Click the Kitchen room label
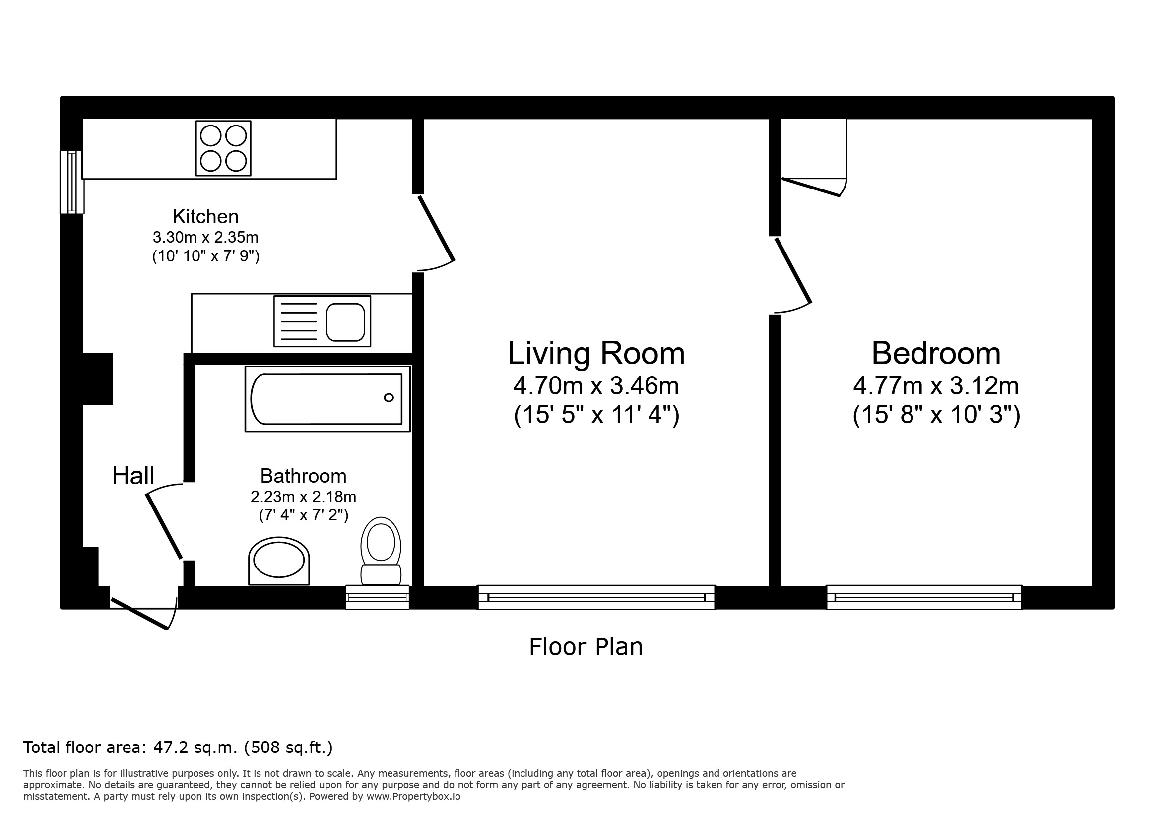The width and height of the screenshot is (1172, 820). (x=205, y=217)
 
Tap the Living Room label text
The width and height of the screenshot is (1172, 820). (x=596, y=353)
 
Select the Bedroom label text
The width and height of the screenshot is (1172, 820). (x=936, y=353)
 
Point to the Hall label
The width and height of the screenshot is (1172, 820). (x=133, y=476)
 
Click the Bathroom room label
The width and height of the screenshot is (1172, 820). (x=303, y=476)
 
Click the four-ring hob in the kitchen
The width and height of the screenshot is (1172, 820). (x=224, y=148)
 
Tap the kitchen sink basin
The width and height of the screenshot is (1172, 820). (x=345, y=322)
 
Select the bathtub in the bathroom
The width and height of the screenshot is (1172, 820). (x=327, y=398)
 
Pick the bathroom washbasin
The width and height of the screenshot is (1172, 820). (x=279, y=561)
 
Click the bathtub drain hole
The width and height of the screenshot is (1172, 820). (x=389, y=397)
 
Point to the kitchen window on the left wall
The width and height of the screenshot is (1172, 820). (x=72, y=182)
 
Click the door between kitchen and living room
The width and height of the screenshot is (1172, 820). (x=436, y=233)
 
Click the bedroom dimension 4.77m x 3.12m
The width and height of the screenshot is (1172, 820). (x=936, y=386)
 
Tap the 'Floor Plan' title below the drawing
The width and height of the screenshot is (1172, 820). (x=586, y=647)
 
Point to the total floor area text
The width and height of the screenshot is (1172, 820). (x=178, y=747)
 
